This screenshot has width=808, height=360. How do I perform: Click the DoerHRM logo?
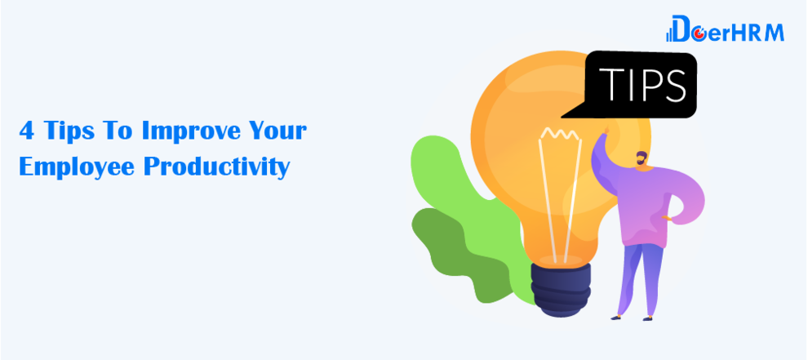tap(725, 29)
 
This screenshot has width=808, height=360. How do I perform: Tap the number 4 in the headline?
tap(27, 131)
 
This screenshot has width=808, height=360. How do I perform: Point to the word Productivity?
tap(217, 166)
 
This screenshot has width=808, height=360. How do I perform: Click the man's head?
tap(641, 159)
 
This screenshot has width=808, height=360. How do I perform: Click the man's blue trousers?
tap(641, 278)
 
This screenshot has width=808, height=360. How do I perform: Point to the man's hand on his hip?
tap(668, 218)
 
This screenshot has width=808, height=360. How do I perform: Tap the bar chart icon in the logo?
tap(669, 35)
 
